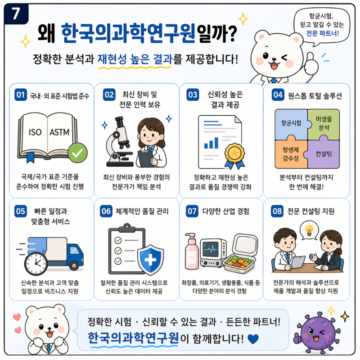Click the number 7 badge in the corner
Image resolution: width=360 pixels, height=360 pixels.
(13, 13)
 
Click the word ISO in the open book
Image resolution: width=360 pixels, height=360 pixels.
(35, 132)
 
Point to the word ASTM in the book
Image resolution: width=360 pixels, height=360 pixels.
(59, 132)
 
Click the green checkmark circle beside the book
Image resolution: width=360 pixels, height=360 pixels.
(77, 153)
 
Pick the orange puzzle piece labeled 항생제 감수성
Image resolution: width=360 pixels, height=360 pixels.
(290, 151)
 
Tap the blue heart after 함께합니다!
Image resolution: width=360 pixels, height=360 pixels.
(254, 337)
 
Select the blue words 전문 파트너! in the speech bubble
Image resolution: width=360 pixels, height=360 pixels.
(322, 33)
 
